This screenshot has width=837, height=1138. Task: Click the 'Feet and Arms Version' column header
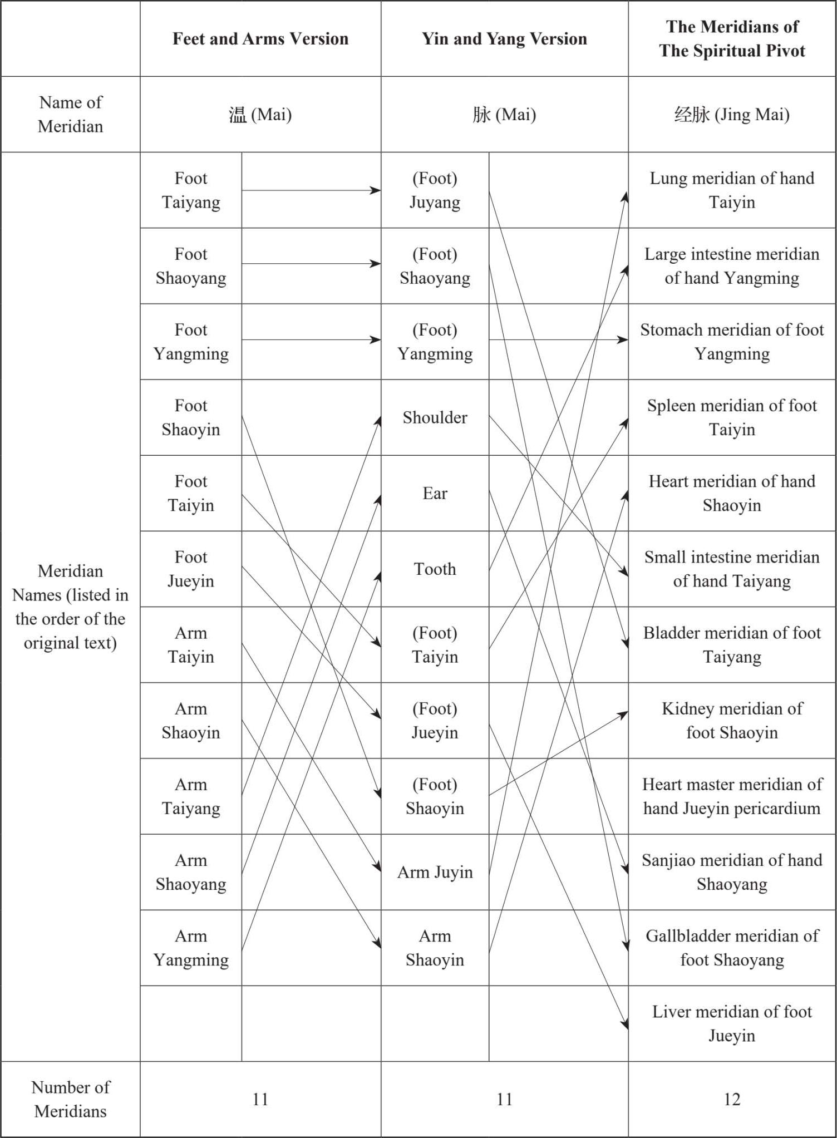coord(260,38)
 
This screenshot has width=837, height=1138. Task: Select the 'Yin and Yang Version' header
coord(504,38)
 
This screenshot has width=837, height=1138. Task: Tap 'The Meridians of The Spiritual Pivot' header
coord(732,38)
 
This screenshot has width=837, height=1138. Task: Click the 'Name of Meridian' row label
coord(71,114)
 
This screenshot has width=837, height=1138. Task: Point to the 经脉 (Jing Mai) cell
coord(732,114)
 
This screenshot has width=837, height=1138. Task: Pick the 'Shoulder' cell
coord(435,417)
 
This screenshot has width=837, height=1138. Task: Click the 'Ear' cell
coord(435,493)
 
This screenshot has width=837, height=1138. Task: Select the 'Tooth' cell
coord(435,569)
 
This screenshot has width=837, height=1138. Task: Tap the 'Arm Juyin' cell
coord(435,872)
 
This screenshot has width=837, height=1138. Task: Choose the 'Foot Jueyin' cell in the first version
coord(191,569)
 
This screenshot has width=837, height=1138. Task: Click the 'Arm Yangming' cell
coord(191,948)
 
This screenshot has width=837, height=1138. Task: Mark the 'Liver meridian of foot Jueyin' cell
coord(732,1023)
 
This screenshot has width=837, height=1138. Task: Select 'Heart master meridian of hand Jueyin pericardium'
coord(732,796)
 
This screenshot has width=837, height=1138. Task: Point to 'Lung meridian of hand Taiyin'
coord(732,190)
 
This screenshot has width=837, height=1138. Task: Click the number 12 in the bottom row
coord(732,1099)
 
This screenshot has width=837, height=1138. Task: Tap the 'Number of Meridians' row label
coord(71,1099)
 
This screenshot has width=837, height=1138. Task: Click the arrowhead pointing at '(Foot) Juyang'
coord(376,190)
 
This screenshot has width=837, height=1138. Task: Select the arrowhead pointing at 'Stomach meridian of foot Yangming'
coord(623,339)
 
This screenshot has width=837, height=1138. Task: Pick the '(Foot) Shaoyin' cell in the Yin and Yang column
coord(435,796)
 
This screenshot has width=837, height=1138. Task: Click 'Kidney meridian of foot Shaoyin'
coord(732,721)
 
